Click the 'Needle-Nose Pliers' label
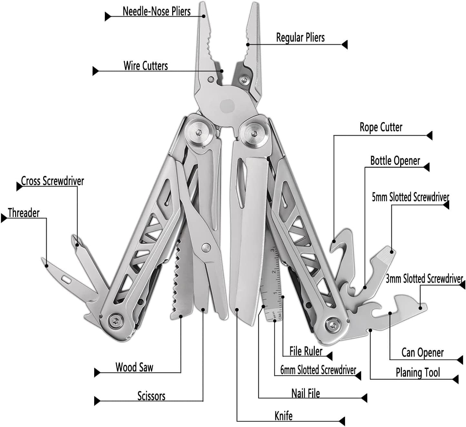156,12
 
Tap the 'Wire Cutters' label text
146,66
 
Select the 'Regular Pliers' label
300,38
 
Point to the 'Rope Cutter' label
381,127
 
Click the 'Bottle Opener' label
395,161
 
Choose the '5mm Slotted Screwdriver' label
410,197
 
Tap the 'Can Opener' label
422,353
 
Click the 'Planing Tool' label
418,373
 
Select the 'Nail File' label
305,393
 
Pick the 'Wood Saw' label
134,367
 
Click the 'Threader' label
24,213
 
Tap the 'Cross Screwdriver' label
52,181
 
